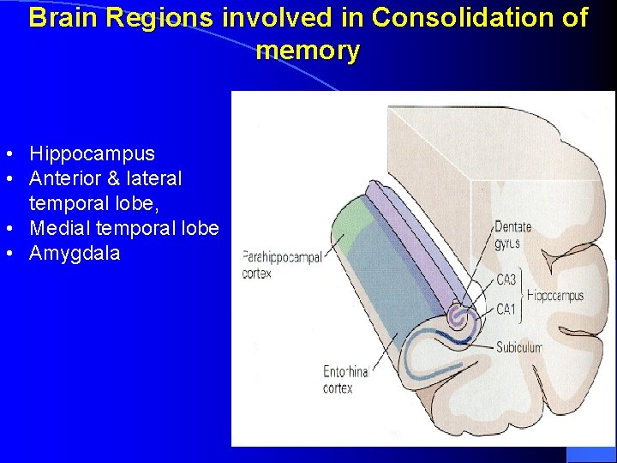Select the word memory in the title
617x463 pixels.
[308, 51]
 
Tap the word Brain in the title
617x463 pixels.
[63, 17]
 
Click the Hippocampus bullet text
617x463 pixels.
[92, 154]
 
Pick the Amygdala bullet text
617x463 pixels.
[75, 254]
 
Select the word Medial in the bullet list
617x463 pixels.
[57, 229]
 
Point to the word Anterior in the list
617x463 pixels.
[63, 179]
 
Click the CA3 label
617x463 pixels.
[506, 279]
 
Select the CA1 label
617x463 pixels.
[506, 310]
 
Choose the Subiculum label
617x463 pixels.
[518, 347]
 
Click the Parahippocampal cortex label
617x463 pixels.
[281, 263]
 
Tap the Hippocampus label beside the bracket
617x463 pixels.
[555, 296]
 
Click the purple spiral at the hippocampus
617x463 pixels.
[460, 318]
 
